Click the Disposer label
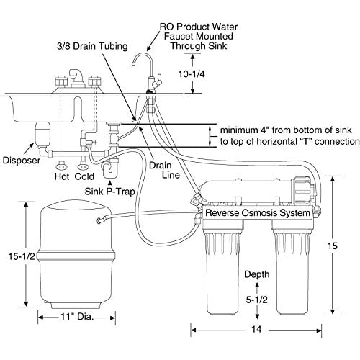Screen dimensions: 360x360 21,161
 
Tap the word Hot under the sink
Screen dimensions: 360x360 62,176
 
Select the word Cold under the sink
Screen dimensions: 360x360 84,176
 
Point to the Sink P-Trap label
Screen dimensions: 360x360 110,192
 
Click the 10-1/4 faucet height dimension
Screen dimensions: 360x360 192,74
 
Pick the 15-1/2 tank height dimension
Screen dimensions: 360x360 22,256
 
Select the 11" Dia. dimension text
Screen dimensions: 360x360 76,317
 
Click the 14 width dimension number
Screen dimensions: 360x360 256,329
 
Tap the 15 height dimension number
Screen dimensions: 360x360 333,246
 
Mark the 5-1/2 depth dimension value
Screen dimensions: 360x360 256,300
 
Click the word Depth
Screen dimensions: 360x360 257,274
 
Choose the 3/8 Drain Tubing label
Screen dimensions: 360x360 92,46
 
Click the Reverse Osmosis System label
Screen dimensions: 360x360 258,213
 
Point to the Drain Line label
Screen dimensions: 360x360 164,170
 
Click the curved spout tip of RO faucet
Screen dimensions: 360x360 133,63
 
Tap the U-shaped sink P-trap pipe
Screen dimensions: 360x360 110,168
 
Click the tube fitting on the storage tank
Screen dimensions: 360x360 101,220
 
